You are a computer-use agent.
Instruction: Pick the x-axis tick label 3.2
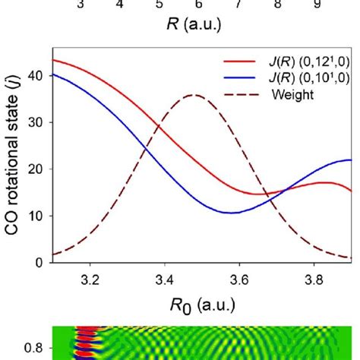[x=90, y=279]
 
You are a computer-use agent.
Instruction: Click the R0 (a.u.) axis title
[x=201, y=305]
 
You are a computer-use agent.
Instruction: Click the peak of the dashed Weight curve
[x=195, y=95]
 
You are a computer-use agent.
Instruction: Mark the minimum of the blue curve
[x=232, y=213]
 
